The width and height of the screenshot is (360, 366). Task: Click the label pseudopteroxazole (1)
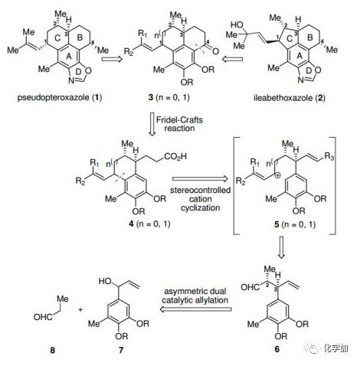[60, 97]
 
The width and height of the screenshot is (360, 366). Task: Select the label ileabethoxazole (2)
[290, 97]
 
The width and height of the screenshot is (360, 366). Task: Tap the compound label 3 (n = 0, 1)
[169, 97]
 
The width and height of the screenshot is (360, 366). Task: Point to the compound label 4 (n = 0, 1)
[149, 224]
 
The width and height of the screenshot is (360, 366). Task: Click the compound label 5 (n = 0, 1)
[295, 224]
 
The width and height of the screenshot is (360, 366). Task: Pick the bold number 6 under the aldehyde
[277, 349]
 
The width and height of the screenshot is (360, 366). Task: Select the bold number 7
[121, 350]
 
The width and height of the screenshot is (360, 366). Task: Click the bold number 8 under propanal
[52, 350]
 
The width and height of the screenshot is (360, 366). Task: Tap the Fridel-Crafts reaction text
[179, 124]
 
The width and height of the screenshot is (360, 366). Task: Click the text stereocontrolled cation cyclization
[201, 199]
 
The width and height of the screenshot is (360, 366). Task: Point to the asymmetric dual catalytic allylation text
[195, 296]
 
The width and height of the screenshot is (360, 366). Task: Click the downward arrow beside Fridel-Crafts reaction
[152, 124]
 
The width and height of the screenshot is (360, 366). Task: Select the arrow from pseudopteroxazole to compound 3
[112, 60]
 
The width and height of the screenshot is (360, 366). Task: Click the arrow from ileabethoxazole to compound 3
[232, 60]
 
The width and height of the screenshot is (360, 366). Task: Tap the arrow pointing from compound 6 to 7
[195, 309]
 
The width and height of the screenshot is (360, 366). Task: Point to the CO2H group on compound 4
[175, 156]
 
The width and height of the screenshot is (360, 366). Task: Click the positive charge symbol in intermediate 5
[279, 175]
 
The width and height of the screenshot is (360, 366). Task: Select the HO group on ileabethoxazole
[237, 25]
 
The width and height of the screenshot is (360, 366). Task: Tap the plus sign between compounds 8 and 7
[80, 309]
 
